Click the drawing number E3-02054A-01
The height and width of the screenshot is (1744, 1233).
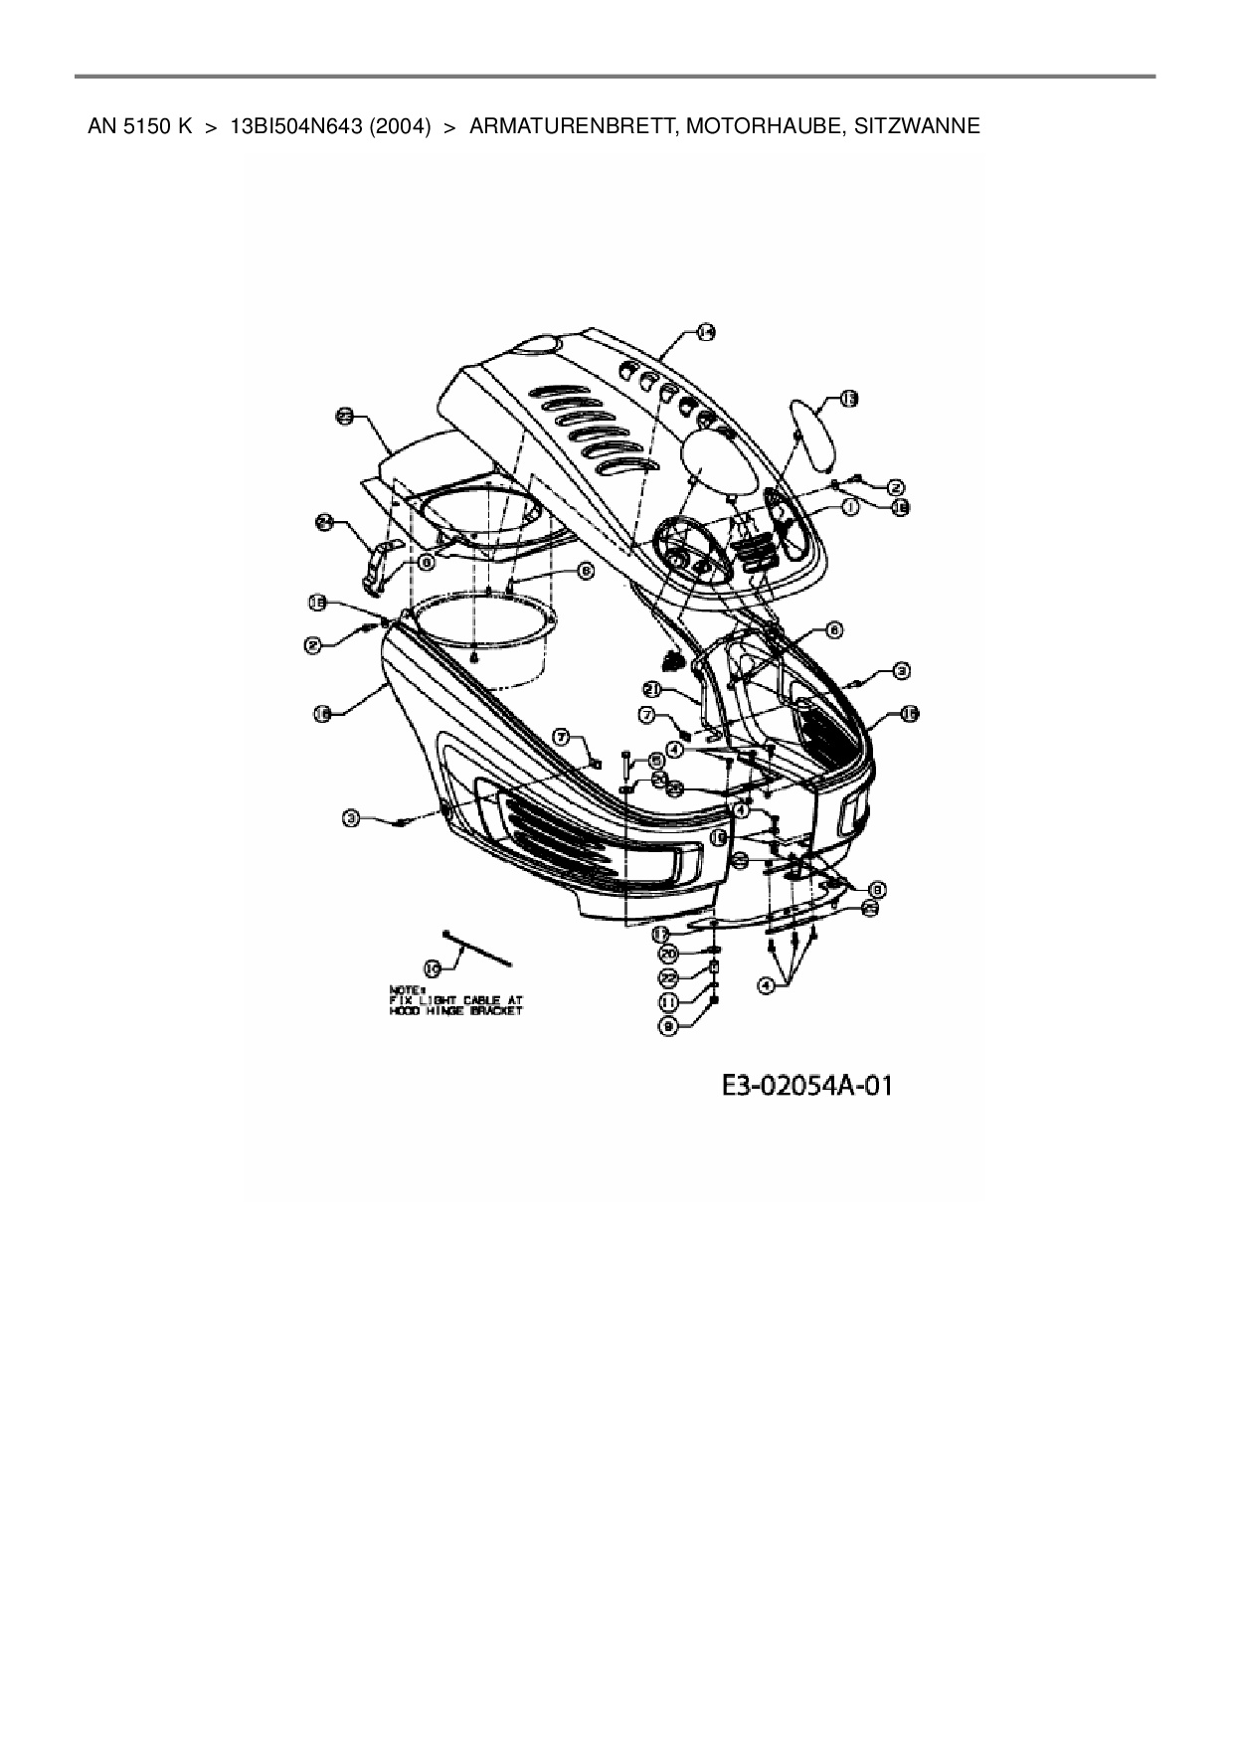[806, 1084]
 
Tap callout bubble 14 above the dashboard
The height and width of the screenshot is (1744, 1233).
[705, 333]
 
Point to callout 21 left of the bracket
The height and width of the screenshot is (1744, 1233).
[653, 689]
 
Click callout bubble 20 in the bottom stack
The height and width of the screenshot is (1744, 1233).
[669, 954]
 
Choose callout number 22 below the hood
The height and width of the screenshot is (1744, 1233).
[669, 978]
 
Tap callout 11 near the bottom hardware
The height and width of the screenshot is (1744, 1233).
[669, 1002]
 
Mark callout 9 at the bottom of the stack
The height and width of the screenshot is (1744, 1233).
[669, 1028]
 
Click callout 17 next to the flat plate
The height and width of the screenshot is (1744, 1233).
[662, 933]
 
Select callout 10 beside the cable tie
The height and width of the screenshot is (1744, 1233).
[434, 965]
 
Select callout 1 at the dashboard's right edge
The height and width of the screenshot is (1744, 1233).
[851, 506]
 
